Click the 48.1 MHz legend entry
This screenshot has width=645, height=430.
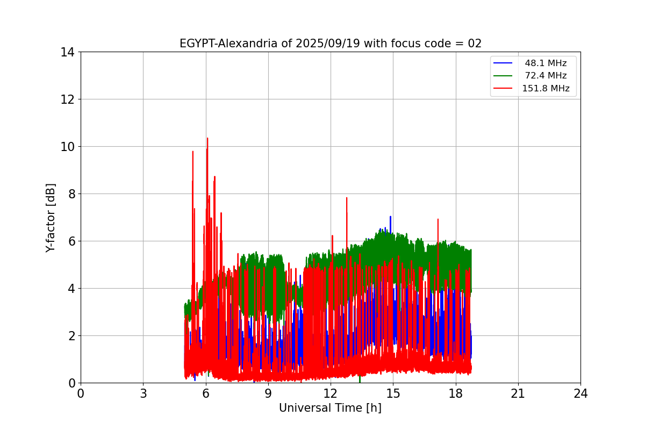546,63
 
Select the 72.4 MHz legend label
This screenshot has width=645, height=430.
546,76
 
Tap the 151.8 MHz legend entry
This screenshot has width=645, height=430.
546,89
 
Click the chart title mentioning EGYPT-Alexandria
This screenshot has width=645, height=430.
331,44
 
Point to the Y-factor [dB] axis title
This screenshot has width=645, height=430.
51,218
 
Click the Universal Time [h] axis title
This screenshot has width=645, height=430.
330,408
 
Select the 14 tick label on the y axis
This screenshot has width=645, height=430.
67,52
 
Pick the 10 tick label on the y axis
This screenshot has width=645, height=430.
67,147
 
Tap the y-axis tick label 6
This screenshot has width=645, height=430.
70,241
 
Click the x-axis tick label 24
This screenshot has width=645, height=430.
580,393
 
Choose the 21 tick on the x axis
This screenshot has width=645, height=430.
518,393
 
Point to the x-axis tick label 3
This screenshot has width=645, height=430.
143,393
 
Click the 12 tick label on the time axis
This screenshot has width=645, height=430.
331,393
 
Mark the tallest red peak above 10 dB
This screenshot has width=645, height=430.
207,139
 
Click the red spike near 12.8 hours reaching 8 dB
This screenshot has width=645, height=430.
347,198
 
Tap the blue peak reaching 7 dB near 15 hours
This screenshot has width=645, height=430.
390,217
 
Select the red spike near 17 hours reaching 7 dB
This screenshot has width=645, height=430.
438,219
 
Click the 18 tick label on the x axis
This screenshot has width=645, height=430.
455,393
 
